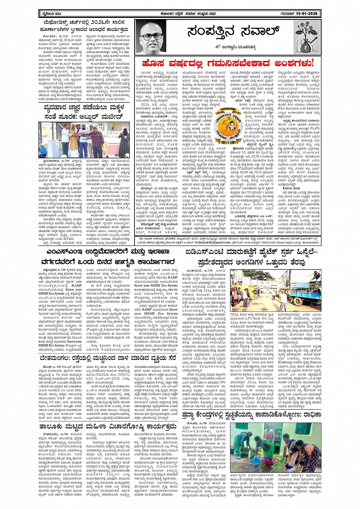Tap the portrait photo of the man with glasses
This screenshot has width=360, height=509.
[150, 37]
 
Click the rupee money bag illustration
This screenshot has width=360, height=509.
[307, 37]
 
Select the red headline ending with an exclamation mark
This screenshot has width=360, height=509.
[228, 63]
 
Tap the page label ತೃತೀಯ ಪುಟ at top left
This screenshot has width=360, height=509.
[49, 14]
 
